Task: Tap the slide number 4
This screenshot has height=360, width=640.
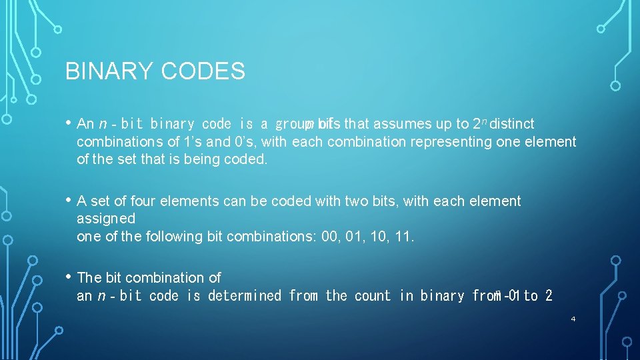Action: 573,319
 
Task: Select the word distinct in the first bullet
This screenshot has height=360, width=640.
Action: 512,124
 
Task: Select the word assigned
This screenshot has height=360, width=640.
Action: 106,219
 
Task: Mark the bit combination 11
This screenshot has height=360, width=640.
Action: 404,237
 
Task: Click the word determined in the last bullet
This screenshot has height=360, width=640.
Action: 245,295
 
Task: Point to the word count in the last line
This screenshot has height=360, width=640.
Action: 373,295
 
